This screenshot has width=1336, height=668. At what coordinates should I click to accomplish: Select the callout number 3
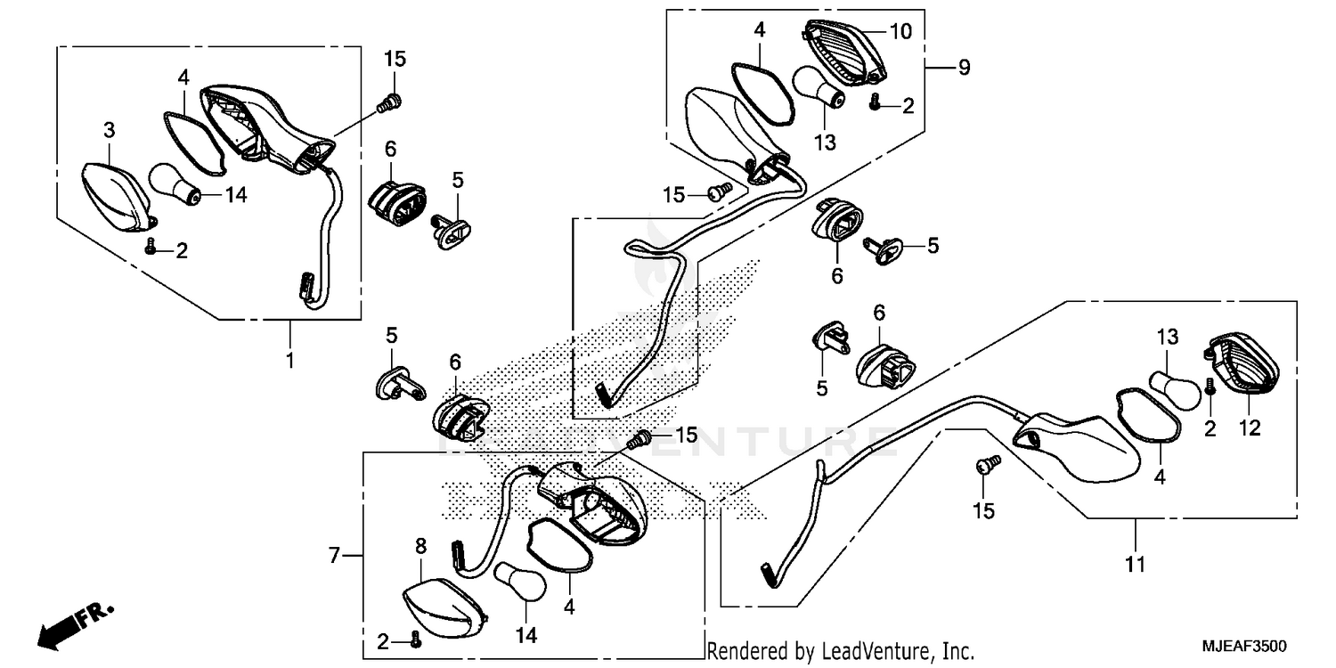(109, 131)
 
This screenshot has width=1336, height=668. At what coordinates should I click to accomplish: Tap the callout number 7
(335, 556)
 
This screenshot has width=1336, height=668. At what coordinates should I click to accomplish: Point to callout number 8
(421, 546)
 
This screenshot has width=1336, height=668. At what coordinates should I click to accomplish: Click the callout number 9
(964, 68)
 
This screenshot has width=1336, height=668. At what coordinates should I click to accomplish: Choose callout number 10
(900, 32)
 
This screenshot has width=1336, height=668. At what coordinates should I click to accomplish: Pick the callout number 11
(1135, 564)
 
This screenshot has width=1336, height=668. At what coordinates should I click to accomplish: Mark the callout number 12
(1250, 428)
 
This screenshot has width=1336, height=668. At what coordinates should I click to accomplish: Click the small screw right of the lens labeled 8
(415, 639)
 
